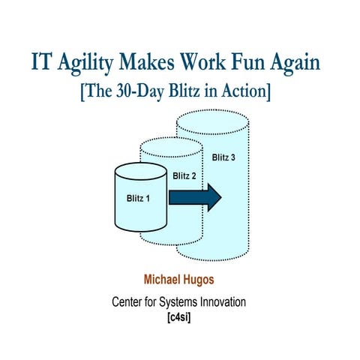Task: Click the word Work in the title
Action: (x=205, y=62)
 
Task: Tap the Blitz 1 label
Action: (x=138, y=198)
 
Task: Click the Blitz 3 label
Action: (x=223, y=157)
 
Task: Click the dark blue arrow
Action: (x=194, y=197)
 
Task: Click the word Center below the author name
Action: (x=129, y=301)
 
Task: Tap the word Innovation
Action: (x=220, y=301)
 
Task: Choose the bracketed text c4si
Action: (x=179, y=316)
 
